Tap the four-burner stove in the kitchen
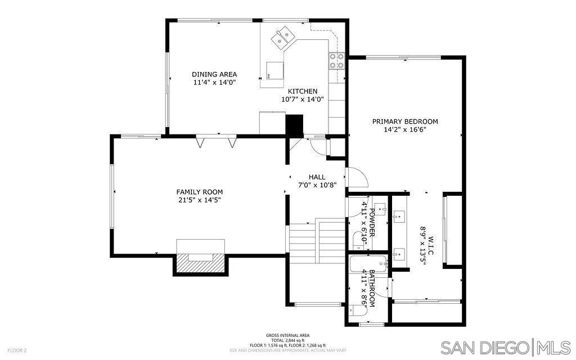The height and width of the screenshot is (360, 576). coord(337,60)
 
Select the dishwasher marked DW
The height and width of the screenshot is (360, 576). coord(275,71)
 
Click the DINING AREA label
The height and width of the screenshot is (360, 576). coord(214,74)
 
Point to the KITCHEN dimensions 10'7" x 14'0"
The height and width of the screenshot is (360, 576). coord(303,100)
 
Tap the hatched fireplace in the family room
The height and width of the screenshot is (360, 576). coord(201,263)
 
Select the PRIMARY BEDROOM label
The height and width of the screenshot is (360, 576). coord(405,121)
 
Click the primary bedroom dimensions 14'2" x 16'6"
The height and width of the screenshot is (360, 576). coord(405,129)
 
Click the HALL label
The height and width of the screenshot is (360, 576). coord(317,177)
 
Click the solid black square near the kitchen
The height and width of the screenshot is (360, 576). coord(294,124)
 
